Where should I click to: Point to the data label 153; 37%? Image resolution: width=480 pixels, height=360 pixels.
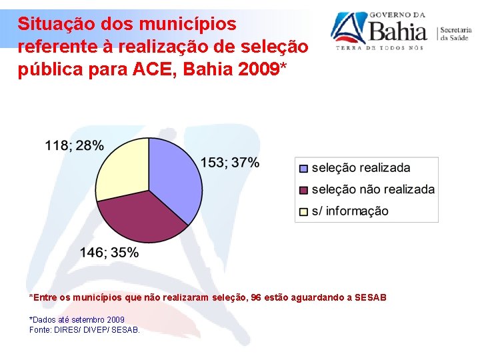[x=230, y=162]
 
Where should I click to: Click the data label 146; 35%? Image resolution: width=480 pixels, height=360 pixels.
[x=109, y=253]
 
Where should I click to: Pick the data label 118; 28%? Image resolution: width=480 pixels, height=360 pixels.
[x=75, y=145]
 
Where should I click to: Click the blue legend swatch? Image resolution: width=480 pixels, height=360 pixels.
[x=303, y=169]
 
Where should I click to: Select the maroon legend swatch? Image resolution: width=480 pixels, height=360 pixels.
[x=303, y=190]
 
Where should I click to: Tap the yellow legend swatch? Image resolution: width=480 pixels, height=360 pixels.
[x=303, y=211]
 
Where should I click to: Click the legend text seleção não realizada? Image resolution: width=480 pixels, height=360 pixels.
[x=373, y=190]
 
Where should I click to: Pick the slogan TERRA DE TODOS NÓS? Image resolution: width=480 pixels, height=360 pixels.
[x=379, y=48]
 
